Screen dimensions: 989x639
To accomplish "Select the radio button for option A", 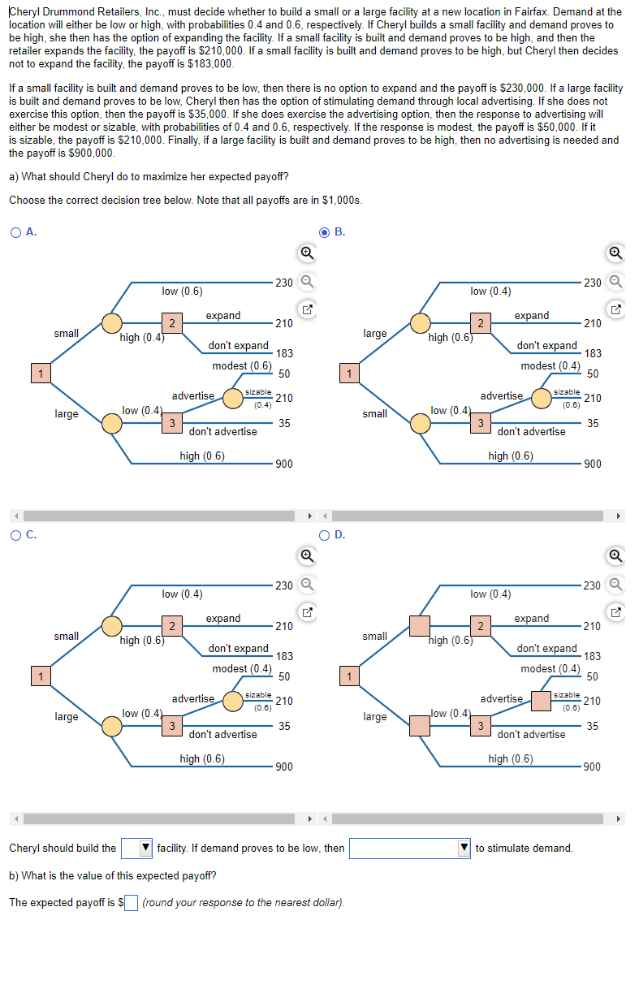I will pos(15,232).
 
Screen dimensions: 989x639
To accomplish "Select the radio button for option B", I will pos(325,232).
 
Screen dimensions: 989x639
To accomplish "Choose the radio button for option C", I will pos(15,534).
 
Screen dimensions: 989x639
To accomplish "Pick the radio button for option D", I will pos(325,534).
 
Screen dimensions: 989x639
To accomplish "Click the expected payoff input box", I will pos(132,903).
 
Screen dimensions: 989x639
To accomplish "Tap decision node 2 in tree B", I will pos(481,323).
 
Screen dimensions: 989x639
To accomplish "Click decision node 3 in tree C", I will pos(171,726).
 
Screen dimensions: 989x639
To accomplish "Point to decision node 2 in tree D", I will pos(481,626).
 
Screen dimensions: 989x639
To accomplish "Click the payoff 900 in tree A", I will pos(283,464).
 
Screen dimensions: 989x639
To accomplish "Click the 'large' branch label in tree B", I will pos(374,334).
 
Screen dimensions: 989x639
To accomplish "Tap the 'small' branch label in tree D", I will pos(374,636).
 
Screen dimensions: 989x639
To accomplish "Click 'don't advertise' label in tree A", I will pos(222,432).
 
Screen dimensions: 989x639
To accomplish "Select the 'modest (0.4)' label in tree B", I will pos(550,366).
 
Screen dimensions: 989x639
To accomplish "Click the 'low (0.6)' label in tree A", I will pos(182,292).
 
